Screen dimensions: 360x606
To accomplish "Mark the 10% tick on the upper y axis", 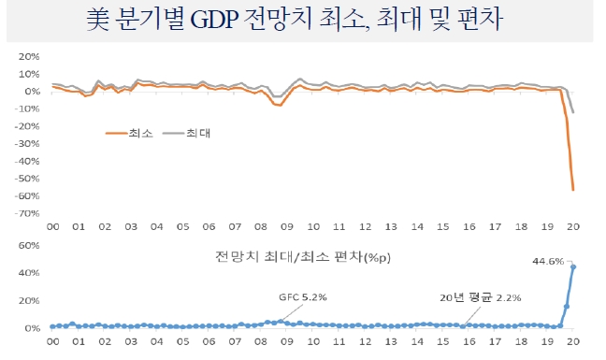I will [28, 74].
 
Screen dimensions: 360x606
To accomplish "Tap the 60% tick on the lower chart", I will [28, 246].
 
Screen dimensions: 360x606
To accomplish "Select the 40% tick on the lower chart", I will [28, 274].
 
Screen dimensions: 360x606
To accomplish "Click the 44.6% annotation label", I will [549, 263].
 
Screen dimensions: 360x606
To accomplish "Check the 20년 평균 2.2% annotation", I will [480, 297].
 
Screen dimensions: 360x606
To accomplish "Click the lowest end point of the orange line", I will [573, 190].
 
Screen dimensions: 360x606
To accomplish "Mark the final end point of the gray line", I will [573, 112].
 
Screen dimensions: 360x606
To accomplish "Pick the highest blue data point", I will [573, 267].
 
